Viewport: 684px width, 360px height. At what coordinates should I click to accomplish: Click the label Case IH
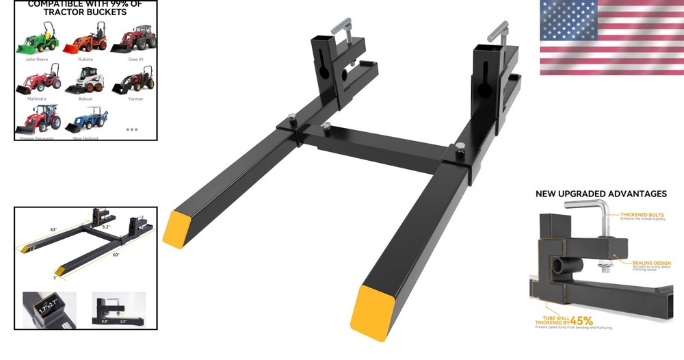[135, 60]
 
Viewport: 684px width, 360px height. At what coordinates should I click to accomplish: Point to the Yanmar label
[135, 99]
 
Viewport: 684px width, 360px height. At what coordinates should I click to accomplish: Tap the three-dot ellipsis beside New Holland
[132, 129]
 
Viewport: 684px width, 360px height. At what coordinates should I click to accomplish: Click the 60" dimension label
[116, 255]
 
